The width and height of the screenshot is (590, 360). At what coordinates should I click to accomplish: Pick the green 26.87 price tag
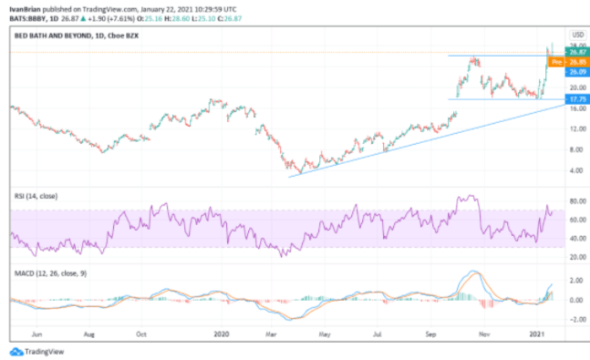(x=576, y=53)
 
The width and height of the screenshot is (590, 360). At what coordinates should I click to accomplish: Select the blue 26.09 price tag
(x=576, y=71)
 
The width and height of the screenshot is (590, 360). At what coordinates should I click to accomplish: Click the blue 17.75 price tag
(x=576, y=98)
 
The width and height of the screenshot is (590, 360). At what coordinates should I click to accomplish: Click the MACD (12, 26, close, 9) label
(x=49, y=271)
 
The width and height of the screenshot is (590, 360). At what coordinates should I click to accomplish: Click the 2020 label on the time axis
(x=220, y=334)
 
